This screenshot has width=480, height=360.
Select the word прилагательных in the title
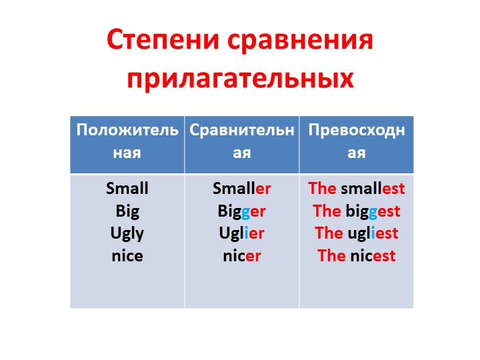coord(240,79)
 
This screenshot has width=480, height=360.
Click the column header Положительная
coord(127,140)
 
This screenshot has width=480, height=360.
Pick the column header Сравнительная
coord(241,140)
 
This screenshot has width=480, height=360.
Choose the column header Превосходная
coord(357,140)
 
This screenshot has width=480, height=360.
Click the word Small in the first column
coord(127,188)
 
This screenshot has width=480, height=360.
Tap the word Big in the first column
coord(127,211)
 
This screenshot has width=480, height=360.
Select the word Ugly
coord(127,233)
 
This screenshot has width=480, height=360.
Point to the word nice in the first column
coord(127,255)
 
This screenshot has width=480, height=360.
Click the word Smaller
coord(242,188)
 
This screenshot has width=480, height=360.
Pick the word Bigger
coord(242,211)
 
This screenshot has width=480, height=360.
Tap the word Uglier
coord(242,233)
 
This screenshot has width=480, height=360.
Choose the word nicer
coord(242,255)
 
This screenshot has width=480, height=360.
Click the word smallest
coord(373,188)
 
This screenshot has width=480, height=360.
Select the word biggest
coord(373,211)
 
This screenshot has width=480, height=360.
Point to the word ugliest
coord(373,233)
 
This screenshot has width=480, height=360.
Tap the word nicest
coord(373,255)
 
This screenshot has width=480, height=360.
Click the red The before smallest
coord(323,188)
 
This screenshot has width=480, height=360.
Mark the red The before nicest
coord(331,255)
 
